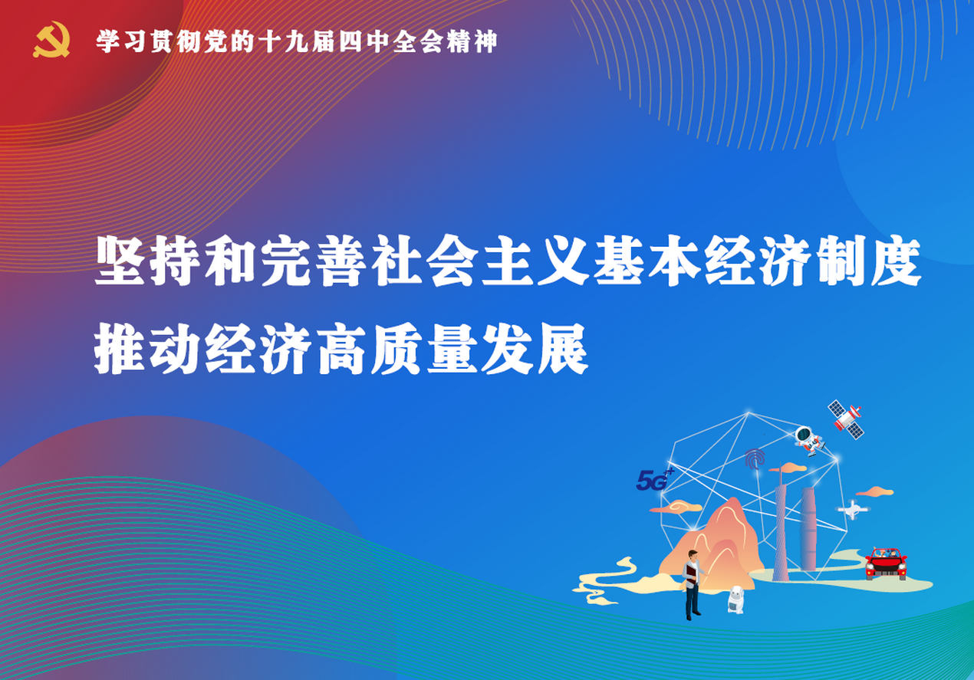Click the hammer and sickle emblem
(51, 40)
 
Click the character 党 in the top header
(216, 41)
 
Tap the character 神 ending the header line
(485, 41)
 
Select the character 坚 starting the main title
(120, 261)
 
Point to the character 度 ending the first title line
(897, 261)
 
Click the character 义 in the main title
(564, 261)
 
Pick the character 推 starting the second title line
(120, 349)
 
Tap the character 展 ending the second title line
(564, 349)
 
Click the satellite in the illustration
(846, 419)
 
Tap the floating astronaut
(809, 441)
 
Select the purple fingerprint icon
(755, 459)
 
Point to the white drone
(853, 510)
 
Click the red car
(886, 564)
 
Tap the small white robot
(736, 600)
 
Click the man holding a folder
(693, 584)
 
